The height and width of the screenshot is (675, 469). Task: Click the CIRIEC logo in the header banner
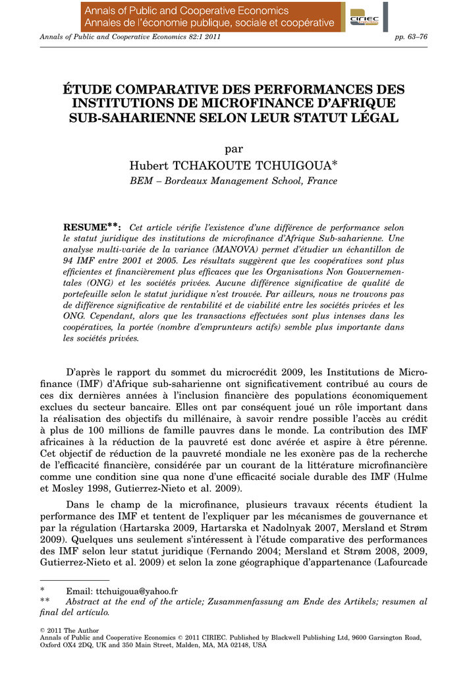pos(364,18)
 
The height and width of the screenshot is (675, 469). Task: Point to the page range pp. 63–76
pos(411,36)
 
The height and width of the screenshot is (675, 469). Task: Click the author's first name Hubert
pos(150,164)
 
